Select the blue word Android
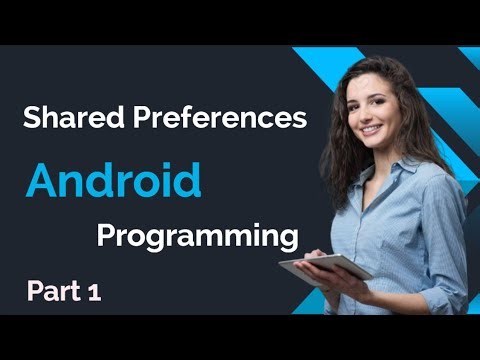pos(114,181)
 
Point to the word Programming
pos(198,237)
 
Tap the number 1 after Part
pos(94,293)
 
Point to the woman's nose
pos(368,115)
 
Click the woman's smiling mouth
pos(370,130)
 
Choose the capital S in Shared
pos(31,120)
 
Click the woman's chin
pos(373,144)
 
